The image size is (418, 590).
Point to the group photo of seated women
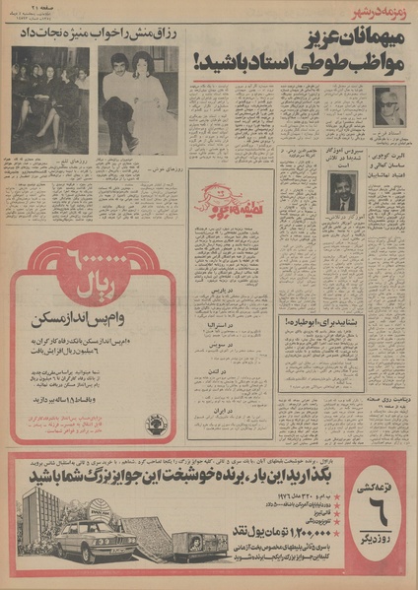49,99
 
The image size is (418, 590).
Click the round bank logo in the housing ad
158,424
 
